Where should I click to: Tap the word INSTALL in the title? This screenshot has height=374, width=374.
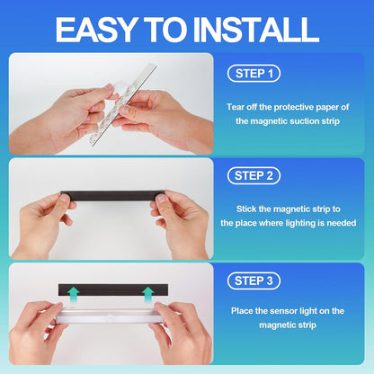tap(256, 29)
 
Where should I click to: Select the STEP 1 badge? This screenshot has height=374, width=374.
tap(254, 74)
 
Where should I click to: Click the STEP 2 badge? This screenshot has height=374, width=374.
tap(254, 175)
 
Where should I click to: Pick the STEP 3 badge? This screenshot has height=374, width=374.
tap(254, 280)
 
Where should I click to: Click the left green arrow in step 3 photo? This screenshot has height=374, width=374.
tap(73, 294)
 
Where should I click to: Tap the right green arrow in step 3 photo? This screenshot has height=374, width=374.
tap(147, 294)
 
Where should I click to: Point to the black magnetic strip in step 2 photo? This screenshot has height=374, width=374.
tap(112, 195)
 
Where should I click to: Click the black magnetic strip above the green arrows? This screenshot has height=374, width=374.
tap(113, 289)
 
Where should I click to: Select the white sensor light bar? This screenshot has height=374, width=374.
tap(111, 316)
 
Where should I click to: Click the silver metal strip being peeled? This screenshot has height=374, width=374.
tap(123, 105)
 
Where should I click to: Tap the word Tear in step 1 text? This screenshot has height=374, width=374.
tap(236, 107)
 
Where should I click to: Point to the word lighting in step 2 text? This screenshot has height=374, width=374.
tap(300, 223)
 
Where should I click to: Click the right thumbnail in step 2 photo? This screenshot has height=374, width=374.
tap(162, 199)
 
